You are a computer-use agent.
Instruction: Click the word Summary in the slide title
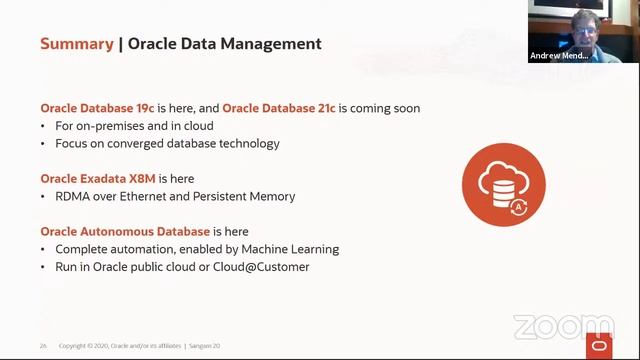point(76,44)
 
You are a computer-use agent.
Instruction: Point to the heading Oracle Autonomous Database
point(125,232)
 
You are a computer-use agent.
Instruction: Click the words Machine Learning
point(291,249)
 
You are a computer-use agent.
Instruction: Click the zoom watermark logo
point(563,327)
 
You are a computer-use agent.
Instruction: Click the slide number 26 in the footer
point(43,346)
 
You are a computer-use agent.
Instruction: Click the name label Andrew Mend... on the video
point(559,56)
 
